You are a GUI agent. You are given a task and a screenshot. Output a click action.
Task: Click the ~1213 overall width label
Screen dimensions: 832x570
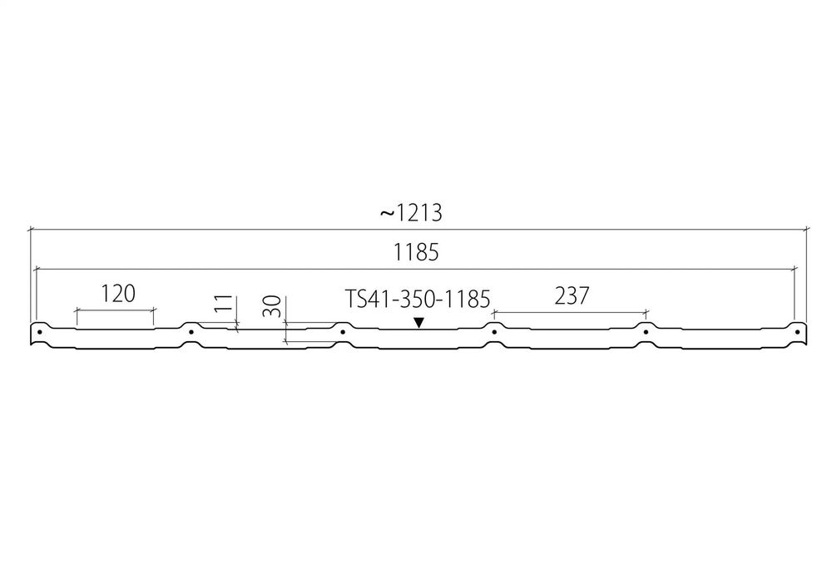[411, 213]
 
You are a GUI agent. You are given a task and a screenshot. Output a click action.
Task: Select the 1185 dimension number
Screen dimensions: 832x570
[416, 253]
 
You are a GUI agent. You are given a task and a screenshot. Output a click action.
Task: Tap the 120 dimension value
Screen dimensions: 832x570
[118, 293]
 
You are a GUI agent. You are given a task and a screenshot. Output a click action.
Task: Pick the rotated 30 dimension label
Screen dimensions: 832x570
[272, 306]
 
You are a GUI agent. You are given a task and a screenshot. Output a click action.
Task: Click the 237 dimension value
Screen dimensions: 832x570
[572, 296]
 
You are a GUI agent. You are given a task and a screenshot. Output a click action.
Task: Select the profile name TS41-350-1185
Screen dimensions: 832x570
[418, 299]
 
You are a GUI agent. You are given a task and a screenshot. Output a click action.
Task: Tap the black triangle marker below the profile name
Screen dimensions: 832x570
[419, 322]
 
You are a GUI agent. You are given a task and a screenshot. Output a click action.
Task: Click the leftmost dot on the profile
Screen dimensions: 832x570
[40, 332]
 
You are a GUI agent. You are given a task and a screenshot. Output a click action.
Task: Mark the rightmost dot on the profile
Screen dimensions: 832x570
[797, 332]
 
